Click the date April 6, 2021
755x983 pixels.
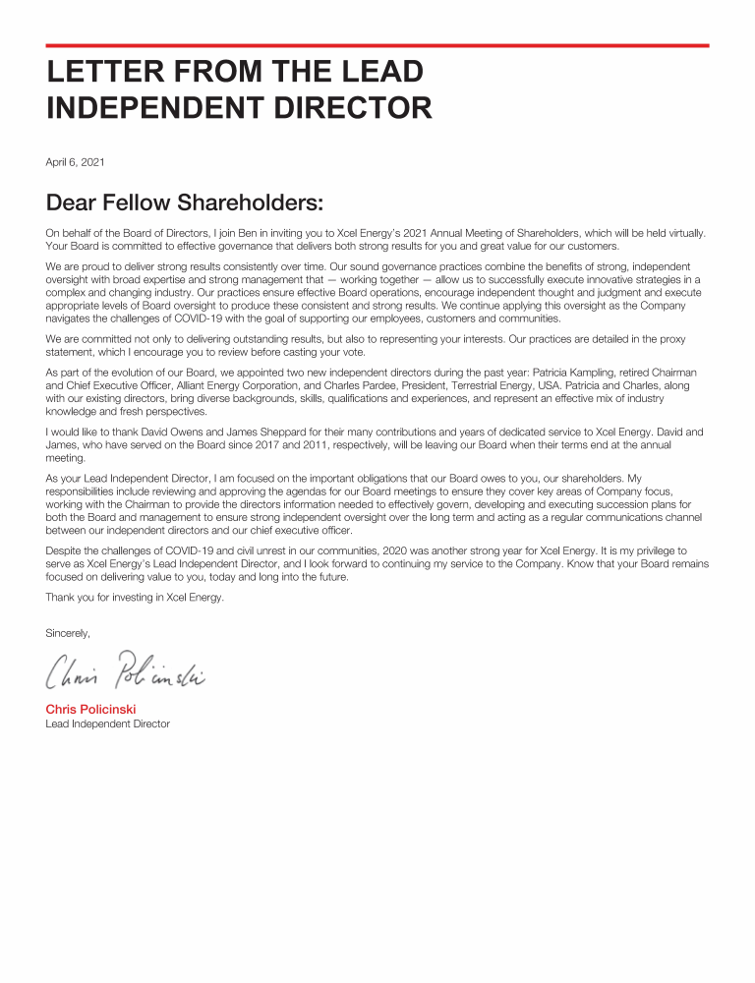point(75,161)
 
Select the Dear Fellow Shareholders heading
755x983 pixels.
point(184,203)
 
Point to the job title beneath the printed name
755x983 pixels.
point(107,723)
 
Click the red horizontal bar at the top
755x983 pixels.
point(377,45)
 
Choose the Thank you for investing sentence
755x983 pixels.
point(135,597)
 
